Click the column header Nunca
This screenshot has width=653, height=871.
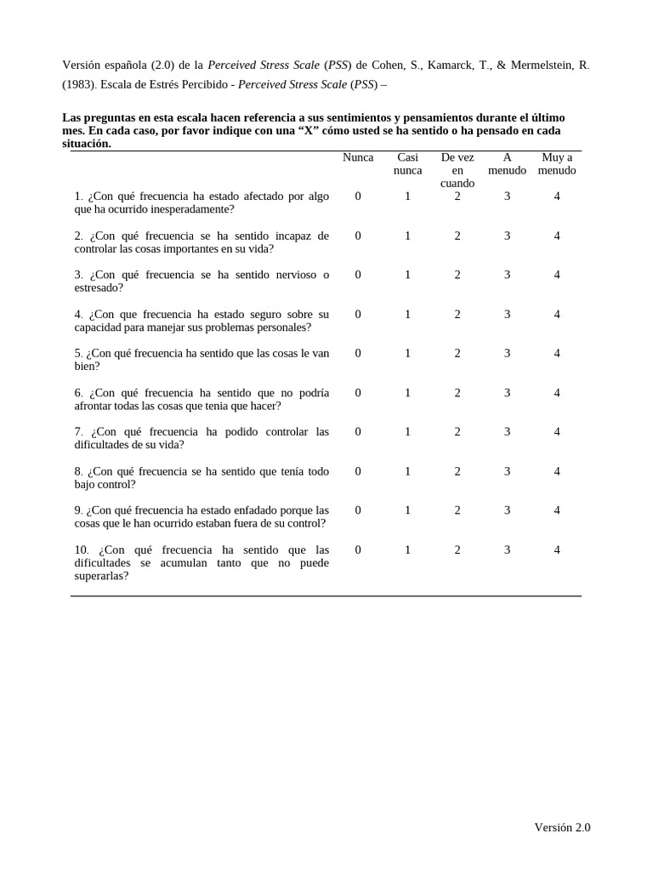358,157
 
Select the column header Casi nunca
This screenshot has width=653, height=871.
407,163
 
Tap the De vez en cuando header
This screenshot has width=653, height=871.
457,170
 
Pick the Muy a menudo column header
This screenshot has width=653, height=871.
557,163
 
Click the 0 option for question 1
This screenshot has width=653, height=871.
358,196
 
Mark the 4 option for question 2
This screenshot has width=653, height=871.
557,236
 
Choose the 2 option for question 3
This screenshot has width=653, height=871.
457,275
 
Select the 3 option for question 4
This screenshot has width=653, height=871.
507,314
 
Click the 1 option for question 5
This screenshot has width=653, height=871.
407,353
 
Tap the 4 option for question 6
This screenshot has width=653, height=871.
557,392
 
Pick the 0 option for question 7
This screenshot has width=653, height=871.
358,431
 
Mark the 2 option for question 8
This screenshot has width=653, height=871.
457,470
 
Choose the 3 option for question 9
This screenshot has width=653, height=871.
507,510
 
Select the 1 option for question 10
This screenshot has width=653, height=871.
407,549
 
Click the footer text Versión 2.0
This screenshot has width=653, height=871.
562,828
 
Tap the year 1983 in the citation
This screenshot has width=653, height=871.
77,84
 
